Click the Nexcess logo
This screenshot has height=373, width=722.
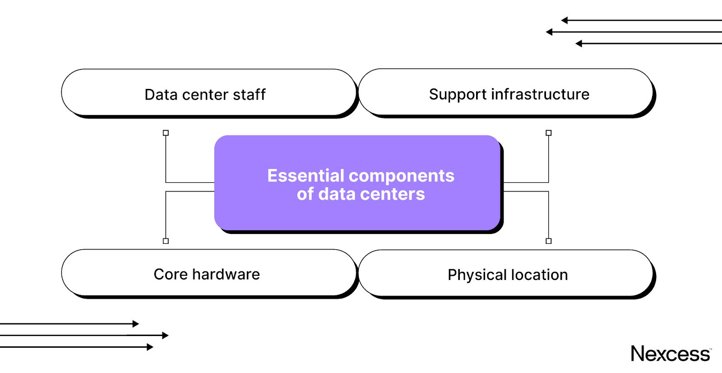671,354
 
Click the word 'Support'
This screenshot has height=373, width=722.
458,94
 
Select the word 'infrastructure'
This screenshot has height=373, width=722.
540,94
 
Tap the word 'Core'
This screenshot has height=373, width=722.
170,274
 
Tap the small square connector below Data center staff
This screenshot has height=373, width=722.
166,133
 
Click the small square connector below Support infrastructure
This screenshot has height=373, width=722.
549,133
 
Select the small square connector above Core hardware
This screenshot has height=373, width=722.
166,241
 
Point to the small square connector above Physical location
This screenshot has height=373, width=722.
549,241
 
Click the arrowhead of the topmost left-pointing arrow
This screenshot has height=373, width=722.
564,20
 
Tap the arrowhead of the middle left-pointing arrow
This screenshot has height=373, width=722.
549,32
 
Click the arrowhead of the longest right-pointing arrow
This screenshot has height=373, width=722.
166,336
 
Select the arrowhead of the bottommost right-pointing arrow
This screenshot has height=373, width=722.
150,347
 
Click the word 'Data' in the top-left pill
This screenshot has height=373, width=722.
161,94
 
